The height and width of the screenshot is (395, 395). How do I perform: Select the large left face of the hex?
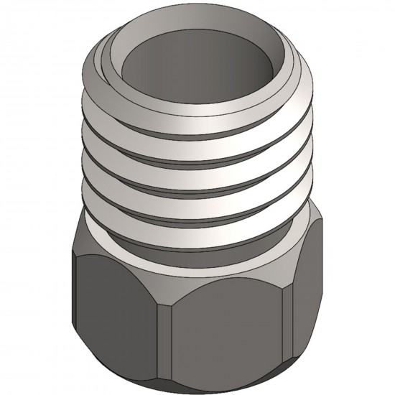[115, 309]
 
